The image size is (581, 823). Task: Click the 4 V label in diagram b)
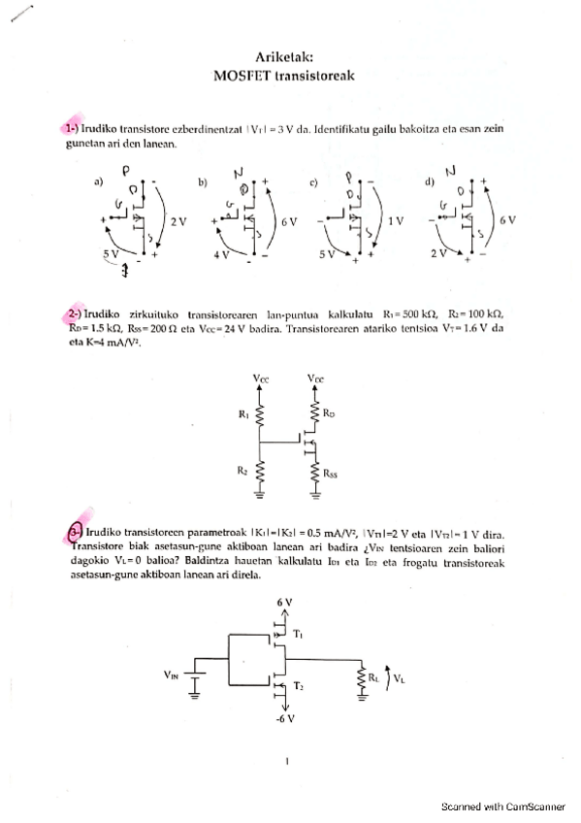220,254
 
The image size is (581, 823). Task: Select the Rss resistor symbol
314,474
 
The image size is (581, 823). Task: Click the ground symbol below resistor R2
260,495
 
